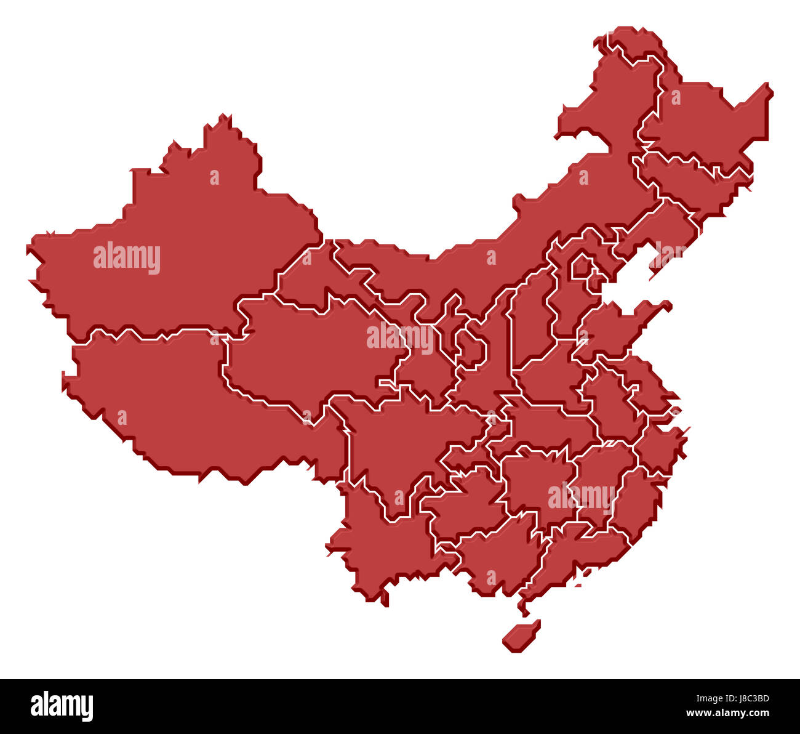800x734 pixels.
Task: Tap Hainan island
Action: point(521,637)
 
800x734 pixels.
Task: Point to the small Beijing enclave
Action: point(581,267)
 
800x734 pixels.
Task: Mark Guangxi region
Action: point(492,554)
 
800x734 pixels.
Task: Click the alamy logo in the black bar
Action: point(62,706)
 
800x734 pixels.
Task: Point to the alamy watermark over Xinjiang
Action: point(127,257)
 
